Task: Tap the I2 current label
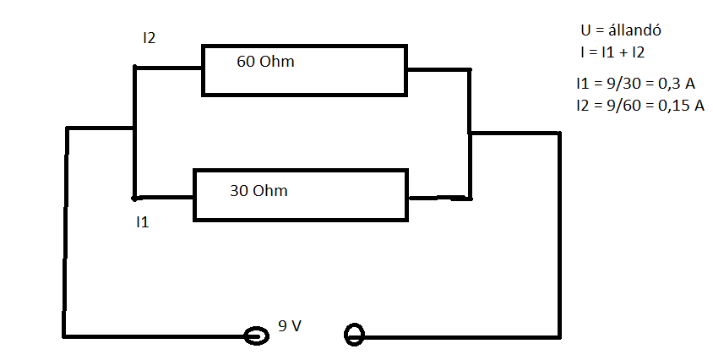[x=150, y=38]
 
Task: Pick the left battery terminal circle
[x=255, y=336]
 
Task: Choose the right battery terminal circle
[x=354, y=335]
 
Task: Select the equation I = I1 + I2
[x=612, y=52]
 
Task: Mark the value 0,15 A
[x=680, y=106]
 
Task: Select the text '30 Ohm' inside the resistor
[x=259, y=191]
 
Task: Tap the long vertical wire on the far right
[x=558, y=237]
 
